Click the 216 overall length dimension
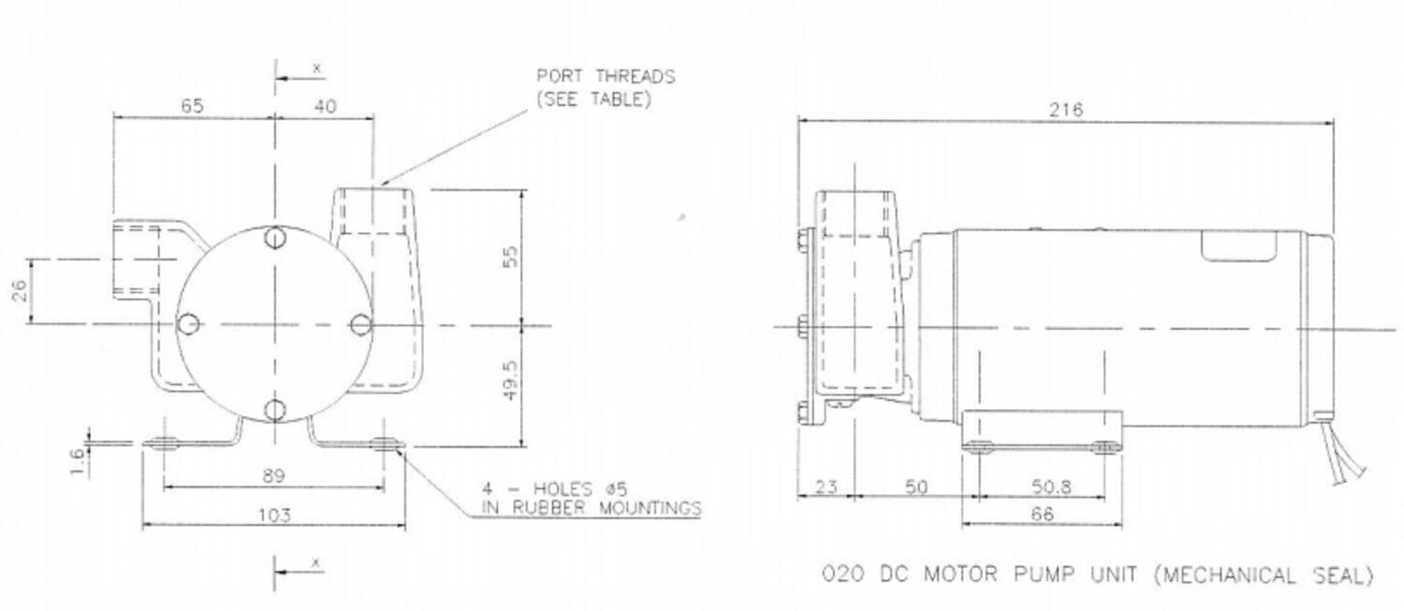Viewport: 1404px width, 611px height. pyautogui.click(x=1065, y=109)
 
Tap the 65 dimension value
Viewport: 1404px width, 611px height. pyautogui.click(x=193, y=106)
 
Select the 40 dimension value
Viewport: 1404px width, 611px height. pyautogui.click(x=325, y=107)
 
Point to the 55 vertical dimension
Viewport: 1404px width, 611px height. pyautogui.click(x=511, y=255)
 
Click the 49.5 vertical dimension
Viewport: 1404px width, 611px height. pyautogui.click(x=511, y=381)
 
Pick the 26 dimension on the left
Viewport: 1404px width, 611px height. pyautogui.click(x=21, y=291)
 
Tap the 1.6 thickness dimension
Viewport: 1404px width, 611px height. pyautogui.click(x=77, y=461)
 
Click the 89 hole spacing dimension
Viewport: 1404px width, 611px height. pyautogui.click(x=273, y=475)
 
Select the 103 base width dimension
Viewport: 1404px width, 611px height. pyautogui.click(x=274, y=516)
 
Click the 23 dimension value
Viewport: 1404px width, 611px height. pyautogui.click(x=826, y=487)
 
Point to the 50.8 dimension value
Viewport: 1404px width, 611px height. pyautogui.click(x=1051, y=487)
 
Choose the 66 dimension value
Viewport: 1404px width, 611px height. pyautogui.click(x=1043, y=515)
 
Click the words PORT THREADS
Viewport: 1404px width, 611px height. pyautogui.click(x=606, y=77)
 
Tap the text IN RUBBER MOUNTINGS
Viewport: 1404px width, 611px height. pyautogui.click(x=591, y=507)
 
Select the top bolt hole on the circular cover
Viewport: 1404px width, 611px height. pyautogui.click(x=274, y=239)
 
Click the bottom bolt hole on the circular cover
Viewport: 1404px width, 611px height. pyautogui.click(x=274, y=411)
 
